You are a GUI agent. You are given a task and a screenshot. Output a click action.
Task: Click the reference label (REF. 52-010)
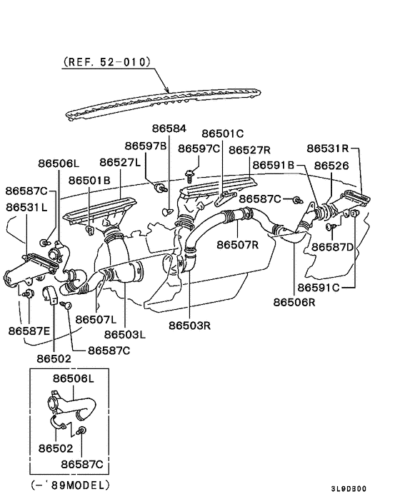(108, 62)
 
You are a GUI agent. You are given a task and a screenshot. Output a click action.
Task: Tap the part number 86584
(169, 129)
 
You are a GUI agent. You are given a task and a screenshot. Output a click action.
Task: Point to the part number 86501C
(223, 133)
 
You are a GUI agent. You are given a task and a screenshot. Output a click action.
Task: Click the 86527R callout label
(249, 150)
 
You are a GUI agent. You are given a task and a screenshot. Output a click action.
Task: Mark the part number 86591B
(274, 166)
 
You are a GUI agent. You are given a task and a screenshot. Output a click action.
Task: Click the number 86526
(331, 166)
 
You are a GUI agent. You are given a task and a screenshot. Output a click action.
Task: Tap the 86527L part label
(120, 163)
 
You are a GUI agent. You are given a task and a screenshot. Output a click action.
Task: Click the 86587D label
(333, 247)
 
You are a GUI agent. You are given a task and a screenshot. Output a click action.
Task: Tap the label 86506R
(294, 302)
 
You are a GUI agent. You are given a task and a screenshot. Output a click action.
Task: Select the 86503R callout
(190, 325)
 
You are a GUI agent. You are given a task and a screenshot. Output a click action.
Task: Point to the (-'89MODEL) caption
(70, 485)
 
